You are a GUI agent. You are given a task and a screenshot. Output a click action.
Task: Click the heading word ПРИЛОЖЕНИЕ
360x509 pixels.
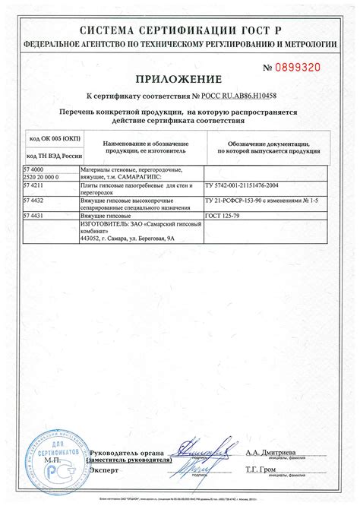[x=179, y=78]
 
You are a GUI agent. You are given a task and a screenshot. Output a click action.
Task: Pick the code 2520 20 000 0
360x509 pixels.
[x=40, y=176]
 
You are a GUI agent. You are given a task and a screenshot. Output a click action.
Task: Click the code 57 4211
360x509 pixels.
[x=33, y=185]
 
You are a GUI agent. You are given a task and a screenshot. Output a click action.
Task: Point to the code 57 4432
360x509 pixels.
[x=33, y=200]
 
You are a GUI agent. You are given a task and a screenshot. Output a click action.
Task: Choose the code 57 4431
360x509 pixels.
[x=33, y=216]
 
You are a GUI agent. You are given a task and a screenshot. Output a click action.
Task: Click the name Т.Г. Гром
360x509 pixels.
[x=263, y=470]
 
